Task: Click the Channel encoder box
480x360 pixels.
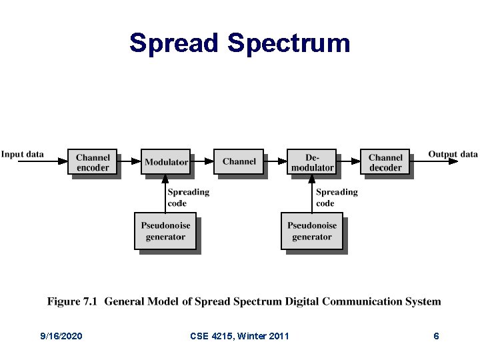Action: [x=93, y=162]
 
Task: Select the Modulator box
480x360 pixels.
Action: [x=166, y=162]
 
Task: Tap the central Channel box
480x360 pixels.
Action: [x=239, y=161]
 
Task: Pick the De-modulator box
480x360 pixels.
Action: [x=312, y=162]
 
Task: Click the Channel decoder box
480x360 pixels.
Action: [x=385, y=162]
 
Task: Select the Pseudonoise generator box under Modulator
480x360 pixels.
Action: [x=165, y=231]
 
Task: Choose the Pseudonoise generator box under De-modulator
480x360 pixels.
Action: [x=312, y=231]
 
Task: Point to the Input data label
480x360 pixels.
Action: [x=23, y=154]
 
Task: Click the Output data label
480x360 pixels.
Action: [x=453, y=154]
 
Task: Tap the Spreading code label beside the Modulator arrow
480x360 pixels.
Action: [x=189, y=197]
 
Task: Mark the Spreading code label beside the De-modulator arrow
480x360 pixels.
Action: [x=337, y=197]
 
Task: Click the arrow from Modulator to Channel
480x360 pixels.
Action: [x=202, y=161]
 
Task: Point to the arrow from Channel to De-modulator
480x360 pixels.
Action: [x=275, y=161]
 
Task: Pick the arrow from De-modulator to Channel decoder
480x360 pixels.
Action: [x=349, y=161]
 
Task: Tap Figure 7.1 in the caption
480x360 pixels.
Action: [x=73, y=301]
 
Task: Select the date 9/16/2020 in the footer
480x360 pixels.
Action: [x=61, y=336]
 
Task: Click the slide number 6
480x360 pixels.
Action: [x=436, y=336]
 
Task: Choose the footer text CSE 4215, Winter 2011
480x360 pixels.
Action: [x=239, y=336]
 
